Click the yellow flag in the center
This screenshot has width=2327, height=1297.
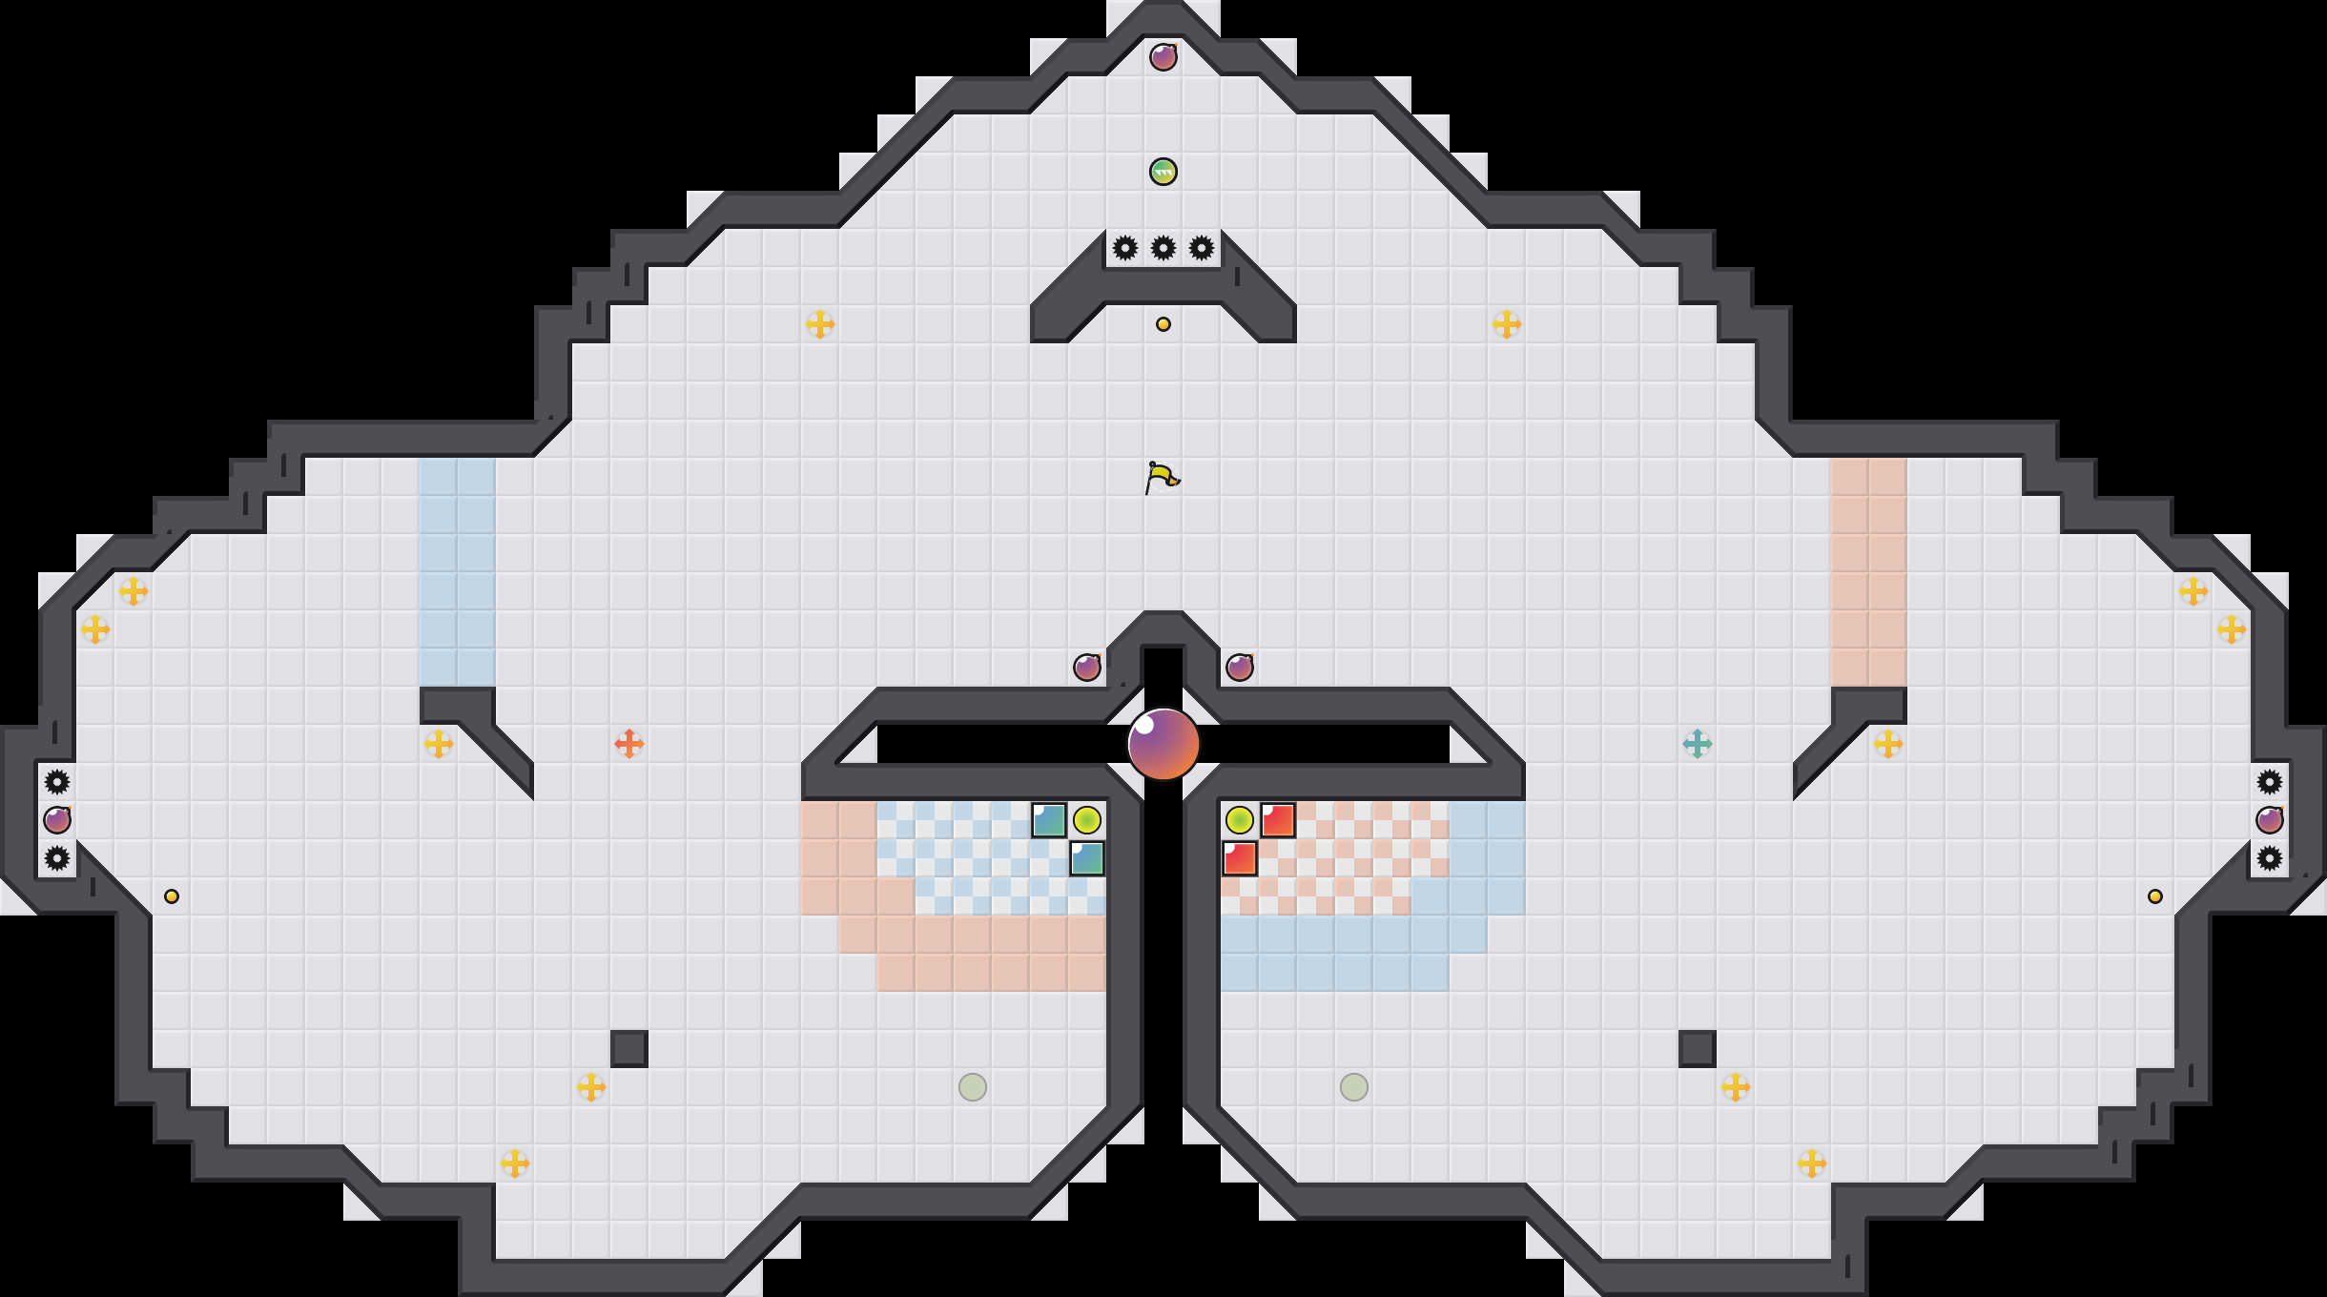pos(1162,477)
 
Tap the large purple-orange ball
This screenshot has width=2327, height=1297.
pos(1163,744)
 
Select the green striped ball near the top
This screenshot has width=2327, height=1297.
pos(1163,172)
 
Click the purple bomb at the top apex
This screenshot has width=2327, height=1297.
pos(1163,57)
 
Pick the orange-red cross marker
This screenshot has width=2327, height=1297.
pos(629,744)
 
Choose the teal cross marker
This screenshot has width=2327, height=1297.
pos(1698,744)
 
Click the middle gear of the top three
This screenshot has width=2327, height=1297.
pos(1163,248)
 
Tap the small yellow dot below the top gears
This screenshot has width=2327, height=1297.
pos(1163,324)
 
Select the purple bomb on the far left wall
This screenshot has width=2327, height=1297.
pos(57,820)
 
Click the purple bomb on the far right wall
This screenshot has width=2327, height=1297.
pos(2270,820)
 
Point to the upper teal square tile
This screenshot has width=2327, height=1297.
pos(1049,820)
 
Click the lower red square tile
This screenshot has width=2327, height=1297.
pos(1240,858)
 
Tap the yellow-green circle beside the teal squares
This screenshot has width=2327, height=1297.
pos(1087,820)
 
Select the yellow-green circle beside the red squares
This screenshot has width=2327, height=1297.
pos(1240,820)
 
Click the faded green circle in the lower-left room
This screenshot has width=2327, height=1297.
pos(973,1087)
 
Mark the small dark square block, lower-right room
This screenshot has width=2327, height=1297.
pos(1698,1049)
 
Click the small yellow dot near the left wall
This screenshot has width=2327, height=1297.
pos(172,896)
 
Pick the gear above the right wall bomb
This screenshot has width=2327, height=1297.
pos(2270,782)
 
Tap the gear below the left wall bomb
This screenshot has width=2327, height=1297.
pos(57,858)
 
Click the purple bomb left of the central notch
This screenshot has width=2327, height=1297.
pos(1087,668)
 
